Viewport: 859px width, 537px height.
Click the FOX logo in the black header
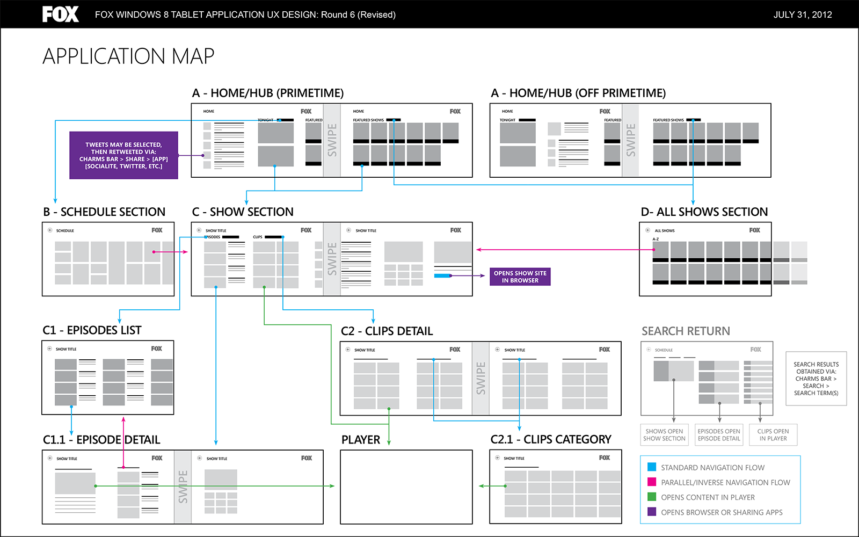pos(60,14)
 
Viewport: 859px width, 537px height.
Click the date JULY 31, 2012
pos(802,14)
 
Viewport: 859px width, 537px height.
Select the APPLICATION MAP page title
pos(128,56)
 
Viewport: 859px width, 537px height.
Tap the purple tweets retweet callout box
pos(123,155)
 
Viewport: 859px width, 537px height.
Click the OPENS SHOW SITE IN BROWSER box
pos(520,277)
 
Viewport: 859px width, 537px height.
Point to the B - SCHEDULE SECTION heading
pos(104,212)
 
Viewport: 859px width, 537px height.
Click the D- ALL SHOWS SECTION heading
pos(704,212)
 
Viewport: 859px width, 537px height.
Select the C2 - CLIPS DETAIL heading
pos(387,331)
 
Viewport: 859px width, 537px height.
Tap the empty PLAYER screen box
pos(406,487)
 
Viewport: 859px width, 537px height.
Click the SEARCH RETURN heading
pos(686,331)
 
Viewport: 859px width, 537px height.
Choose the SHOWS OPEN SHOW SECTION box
pos(664,435)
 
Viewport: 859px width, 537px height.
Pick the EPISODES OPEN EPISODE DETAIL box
pos(719,435)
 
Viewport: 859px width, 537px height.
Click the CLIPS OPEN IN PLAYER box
pos(773,435)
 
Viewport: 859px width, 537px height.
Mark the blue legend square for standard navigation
pos(652,467)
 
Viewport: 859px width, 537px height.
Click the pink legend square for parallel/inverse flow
pos(652,482)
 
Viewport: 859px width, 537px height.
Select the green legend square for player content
pos(652,497)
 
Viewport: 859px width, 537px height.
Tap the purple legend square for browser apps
pos(652,512)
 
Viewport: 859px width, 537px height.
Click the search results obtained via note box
pos(816,379)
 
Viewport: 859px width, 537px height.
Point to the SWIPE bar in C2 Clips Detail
pos(481,378)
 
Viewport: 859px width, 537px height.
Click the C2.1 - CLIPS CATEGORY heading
pos(551,439)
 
